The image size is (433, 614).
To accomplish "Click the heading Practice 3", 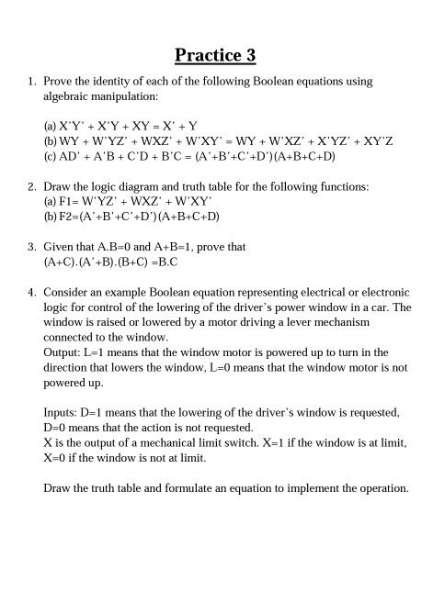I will click(215, 55).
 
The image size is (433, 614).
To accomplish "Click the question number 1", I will click(30, 82).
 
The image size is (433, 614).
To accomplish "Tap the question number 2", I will click(30, 186).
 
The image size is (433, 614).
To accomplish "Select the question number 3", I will click(30, 247).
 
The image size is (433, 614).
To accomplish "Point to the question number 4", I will click(30, 293).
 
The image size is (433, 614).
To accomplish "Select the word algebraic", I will click(71, 95).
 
